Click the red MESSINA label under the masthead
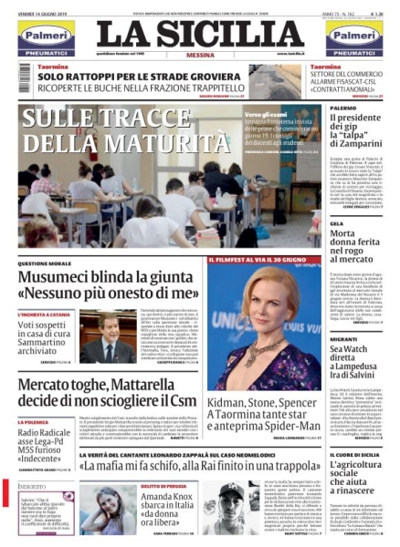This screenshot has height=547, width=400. point(199,55)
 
